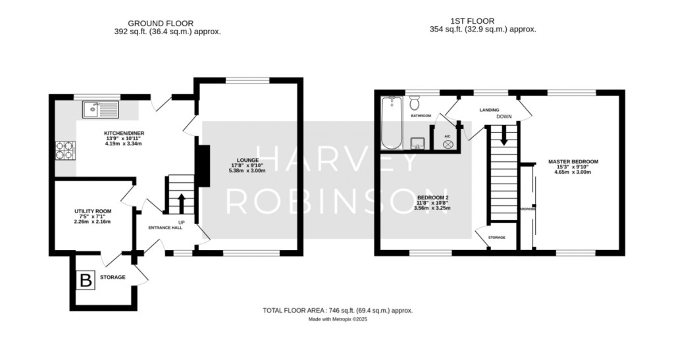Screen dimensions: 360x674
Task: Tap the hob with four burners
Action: [x=65, y=151]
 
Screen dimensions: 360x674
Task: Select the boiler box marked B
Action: [x=86, y=281]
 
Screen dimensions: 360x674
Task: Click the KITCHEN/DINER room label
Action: [x=124, y=134]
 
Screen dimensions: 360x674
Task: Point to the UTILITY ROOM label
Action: [x=92, y=211]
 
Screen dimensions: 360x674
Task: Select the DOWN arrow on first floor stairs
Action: [x=504, y=137]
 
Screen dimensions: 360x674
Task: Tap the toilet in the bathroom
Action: [x=415, y=103]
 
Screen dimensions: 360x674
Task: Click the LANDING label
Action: [x=488, y=110]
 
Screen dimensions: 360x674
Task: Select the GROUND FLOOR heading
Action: [x=151, y=23]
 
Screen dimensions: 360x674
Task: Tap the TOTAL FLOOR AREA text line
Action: [x=337, y=310]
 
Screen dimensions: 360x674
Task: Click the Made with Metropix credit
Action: [x=337, y=320]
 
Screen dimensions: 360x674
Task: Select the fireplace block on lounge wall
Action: [x=204, y=166]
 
